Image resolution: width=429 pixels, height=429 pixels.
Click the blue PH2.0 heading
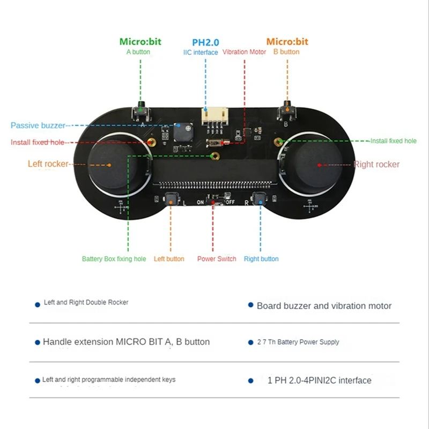coord(205,42)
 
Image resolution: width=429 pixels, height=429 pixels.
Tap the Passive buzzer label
coord(38,125)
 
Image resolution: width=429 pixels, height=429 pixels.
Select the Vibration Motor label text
coord(244,52)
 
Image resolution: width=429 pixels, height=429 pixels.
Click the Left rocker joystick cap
coord(113,166)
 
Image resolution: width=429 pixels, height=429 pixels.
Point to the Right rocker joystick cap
coord(319,166)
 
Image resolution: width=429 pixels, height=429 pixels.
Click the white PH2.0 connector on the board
coord(215,116)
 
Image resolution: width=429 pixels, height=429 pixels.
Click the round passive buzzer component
coord(183,132)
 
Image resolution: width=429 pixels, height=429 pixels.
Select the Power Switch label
coord(217,259)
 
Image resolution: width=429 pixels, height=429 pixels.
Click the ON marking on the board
coord(200,202)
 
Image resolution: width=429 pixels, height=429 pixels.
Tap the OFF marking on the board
coord(231,202)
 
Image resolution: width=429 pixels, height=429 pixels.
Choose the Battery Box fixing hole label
coord(114,259)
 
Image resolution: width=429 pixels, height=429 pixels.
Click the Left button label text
coord(169,259)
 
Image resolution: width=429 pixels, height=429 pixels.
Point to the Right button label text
coord(261,259)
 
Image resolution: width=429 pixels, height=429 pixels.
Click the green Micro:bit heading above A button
coord(140,42)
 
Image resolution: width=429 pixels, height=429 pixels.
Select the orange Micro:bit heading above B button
coord(287,42)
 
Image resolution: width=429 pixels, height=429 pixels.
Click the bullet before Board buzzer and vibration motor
coord(250,305)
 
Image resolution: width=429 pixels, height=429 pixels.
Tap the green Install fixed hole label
coord(394,141)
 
